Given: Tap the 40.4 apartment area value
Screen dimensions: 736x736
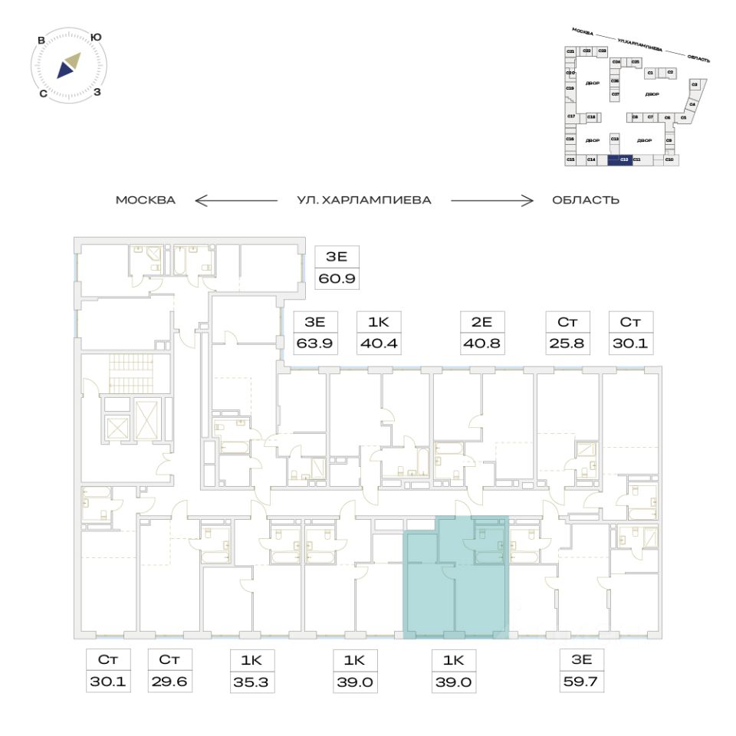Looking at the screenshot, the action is tap(379, 343).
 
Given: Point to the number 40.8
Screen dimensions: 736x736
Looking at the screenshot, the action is tap(481, 343).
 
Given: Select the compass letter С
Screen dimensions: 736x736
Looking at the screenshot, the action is tap(43, 94).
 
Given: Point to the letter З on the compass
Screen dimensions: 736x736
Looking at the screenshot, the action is tap(97, 93).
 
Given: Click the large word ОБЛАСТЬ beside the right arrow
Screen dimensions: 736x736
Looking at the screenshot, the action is tap(585, 201).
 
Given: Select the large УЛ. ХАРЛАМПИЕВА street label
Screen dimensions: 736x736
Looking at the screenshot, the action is tap(364, 201).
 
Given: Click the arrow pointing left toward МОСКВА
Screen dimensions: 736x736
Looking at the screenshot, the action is tap(235, 201).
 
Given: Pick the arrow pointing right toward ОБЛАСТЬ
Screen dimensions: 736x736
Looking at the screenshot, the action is tap(491, 201).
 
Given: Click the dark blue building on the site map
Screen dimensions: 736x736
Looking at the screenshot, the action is tap(619, 159).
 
